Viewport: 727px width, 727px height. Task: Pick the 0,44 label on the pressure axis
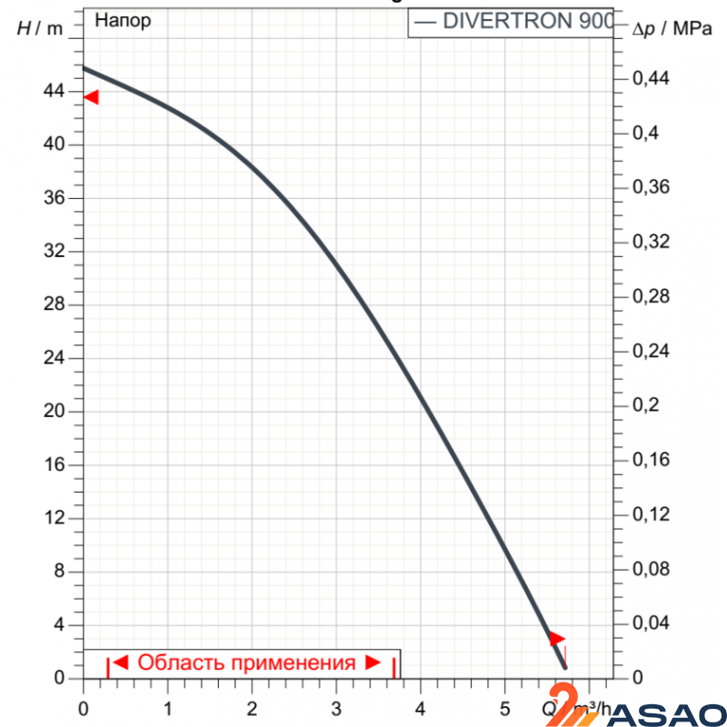[x=651, y=79]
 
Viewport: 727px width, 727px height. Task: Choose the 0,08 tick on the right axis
[x=651, y=569]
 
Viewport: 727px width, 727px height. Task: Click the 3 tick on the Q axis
[x=336, y=706]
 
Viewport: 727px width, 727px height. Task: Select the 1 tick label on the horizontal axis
[x=168, y=706]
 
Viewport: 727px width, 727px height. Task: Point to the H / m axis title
[x=40, y=28]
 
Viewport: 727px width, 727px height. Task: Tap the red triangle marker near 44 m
[x=91, y=97]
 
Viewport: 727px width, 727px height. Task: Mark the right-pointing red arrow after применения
[x=373, y=662]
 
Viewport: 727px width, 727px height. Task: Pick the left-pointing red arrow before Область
[x=121, y=662]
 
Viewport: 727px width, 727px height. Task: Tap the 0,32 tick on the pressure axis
[x=651, y=242]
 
